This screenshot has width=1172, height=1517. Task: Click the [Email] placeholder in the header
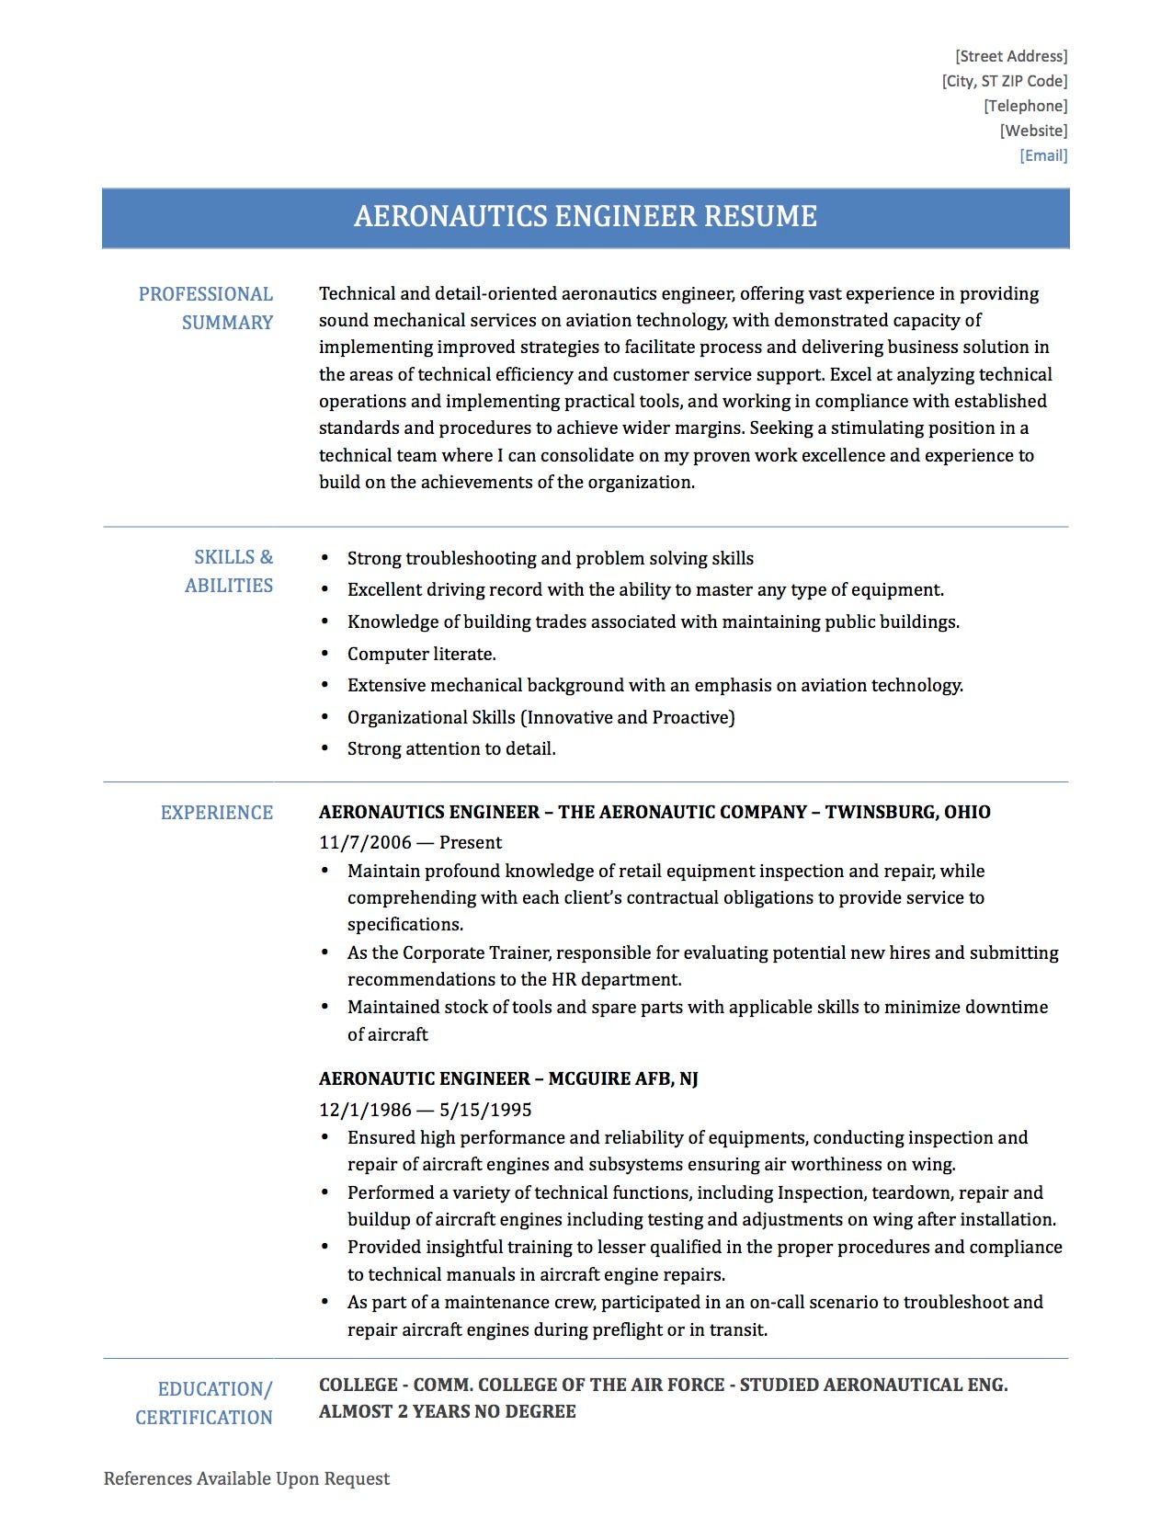(1043, 155)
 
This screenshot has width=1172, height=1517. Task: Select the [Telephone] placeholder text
(1025, 106)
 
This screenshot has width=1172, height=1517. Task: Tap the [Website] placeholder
(1033, 131)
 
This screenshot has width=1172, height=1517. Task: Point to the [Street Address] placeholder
(1011, 56)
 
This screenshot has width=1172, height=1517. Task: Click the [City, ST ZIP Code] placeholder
(1005, 81)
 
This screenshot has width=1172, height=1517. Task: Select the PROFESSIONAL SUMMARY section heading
(206, 308)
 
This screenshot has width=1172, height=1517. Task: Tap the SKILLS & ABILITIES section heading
(230, 571)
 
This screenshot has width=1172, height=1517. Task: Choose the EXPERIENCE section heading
(217, 813)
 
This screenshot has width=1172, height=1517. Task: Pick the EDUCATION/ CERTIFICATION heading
(204, 1403)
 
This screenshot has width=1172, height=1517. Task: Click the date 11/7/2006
(364, 842)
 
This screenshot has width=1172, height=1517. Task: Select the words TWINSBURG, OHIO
(907, 812)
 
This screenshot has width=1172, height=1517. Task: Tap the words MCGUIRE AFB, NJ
(623, 1078)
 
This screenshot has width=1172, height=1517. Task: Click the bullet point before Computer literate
(324, 654)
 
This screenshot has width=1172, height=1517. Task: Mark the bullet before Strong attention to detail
(324, 748)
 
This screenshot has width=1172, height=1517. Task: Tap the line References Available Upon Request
(246, 1478)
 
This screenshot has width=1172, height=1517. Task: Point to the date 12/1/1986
(366, 1110)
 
